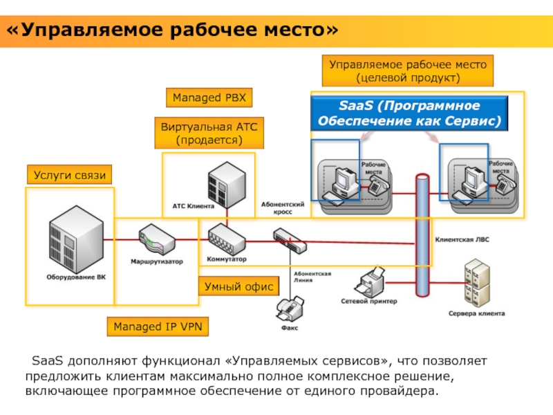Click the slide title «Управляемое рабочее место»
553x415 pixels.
tap(173, 31)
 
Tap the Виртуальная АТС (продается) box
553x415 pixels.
tap(209, 133)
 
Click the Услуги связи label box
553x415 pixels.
tap(70, 176)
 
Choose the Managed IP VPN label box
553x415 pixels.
tap(157, 326)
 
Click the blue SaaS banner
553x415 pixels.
tap(409, 114)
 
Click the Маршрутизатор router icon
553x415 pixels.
tap(158, 240)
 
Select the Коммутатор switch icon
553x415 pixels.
tap(226, 240)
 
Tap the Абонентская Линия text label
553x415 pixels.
tap(312, 277)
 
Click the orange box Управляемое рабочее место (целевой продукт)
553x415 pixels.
tap(407, 71)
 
